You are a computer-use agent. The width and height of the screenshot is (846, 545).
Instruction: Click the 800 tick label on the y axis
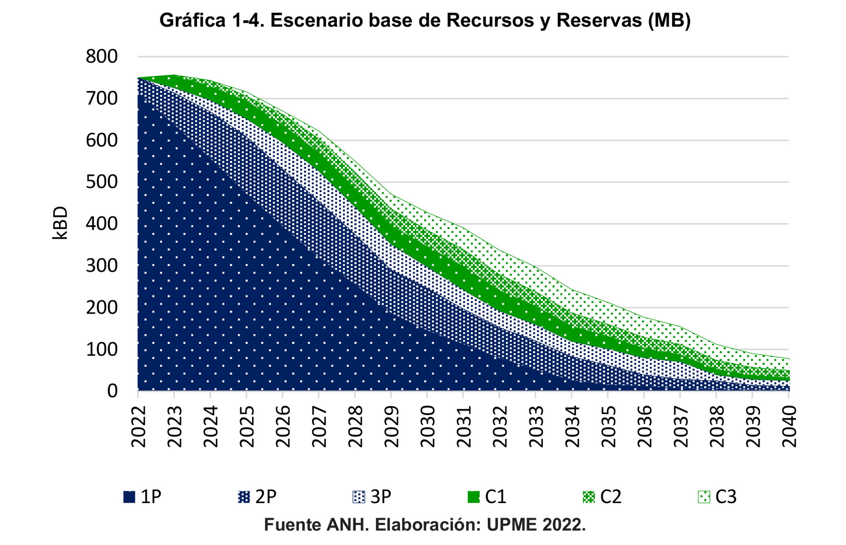(102, 56)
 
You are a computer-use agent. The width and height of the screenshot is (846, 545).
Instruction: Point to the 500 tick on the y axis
(102, 182)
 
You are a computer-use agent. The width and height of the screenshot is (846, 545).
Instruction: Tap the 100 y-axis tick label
(102, 349)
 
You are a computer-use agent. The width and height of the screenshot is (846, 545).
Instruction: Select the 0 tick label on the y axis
(112, 391)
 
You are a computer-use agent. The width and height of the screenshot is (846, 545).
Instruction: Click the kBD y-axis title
(60, 223)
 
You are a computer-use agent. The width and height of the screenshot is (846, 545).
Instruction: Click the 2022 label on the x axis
(139, 426)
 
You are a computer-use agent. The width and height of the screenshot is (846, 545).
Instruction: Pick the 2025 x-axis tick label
(247, 426)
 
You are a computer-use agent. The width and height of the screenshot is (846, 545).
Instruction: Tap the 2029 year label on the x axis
(392, 426)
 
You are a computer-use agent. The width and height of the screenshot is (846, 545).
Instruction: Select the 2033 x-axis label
(536, 426)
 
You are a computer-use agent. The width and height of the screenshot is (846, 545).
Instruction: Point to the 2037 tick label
(681, 426)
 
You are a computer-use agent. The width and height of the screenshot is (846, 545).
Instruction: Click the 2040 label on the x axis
(789, 426)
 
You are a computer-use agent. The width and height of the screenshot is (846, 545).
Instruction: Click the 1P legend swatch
(129, 497)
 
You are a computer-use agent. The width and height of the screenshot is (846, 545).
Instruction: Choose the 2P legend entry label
(266, 497)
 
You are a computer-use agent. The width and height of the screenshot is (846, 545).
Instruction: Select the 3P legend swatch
(359, 497)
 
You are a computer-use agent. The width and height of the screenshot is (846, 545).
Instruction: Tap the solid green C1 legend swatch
(473, 497)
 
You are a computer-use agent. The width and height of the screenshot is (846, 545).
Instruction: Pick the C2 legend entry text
(611, 497)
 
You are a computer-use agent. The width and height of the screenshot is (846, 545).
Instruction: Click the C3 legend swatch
(704, 497)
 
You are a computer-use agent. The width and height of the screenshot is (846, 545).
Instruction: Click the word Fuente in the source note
(292, 525)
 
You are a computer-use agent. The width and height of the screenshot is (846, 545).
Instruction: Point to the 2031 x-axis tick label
(464, 426)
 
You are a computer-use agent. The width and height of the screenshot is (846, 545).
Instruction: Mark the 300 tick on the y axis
(102, 265)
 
